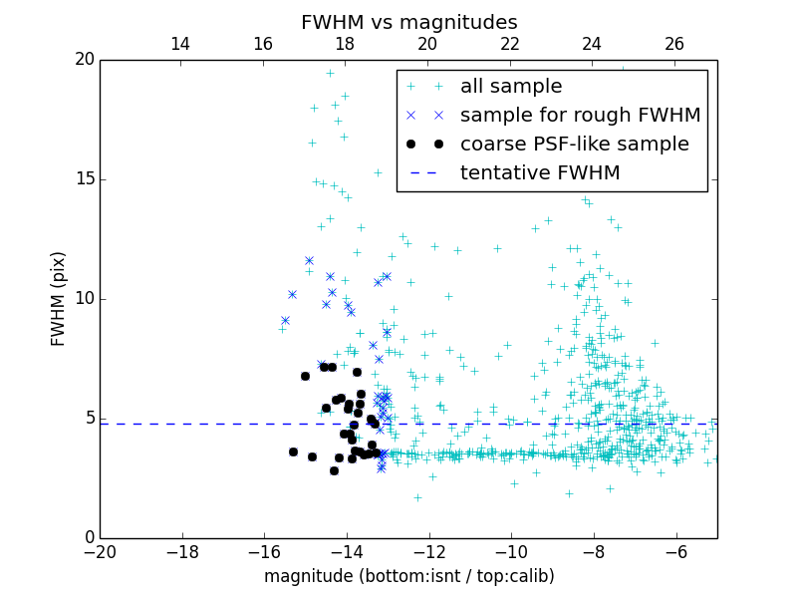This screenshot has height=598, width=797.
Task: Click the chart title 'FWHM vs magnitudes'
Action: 408,22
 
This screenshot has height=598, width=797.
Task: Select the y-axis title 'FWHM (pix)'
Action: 58,298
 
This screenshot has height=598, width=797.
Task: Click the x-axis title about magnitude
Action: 408,576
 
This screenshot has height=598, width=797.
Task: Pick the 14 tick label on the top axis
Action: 180,44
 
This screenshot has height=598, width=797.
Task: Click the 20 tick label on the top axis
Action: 427,44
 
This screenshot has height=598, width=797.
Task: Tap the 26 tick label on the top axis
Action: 674,44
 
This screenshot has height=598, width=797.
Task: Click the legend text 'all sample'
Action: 511,87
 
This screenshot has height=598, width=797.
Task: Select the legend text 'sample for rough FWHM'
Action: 580,116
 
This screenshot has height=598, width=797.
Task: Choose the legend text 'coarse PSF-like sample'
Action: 574,145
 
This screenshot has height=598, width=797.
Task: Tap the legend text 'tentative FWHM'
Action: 540,173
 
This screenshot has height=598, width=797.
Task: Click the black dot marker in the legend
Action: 424,144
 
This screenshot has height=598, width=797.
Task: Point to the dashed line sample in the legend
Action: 424,172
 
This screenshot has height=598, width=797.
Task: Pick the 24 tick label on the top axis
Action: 592,44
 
